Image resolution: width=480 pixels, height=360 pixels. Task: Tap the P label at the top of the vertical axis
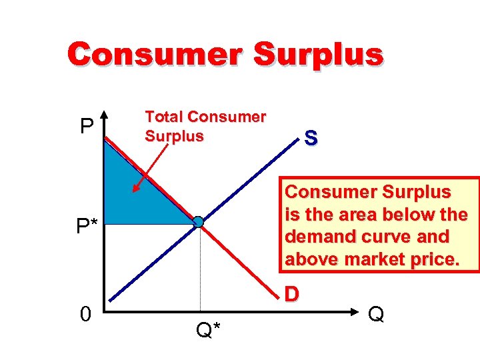(x=86, y=126)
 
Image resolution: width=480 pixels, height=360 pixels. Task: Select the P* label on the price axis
(x=87, y=227)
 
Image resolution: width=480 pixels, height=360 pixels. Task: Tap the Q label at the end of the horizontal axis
(x=377, y=313)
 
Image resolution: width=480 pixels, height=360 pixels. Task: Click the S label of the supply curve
(x=311, y=139)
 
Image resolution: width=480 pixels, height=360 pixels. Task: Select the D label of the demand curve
(x=291, y=294)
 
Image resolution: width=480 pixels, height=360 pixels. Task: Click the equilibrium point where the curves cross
(x=199, y=222)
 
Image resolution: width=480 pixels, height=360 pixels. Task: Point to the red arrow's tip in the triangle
(x=134, y=191)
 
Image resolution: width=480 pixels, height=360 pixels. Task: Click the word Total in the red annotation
(x=164, y=117)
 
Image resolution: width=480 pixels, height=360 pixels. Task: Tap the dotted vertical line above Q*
(x=201, y=267)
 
